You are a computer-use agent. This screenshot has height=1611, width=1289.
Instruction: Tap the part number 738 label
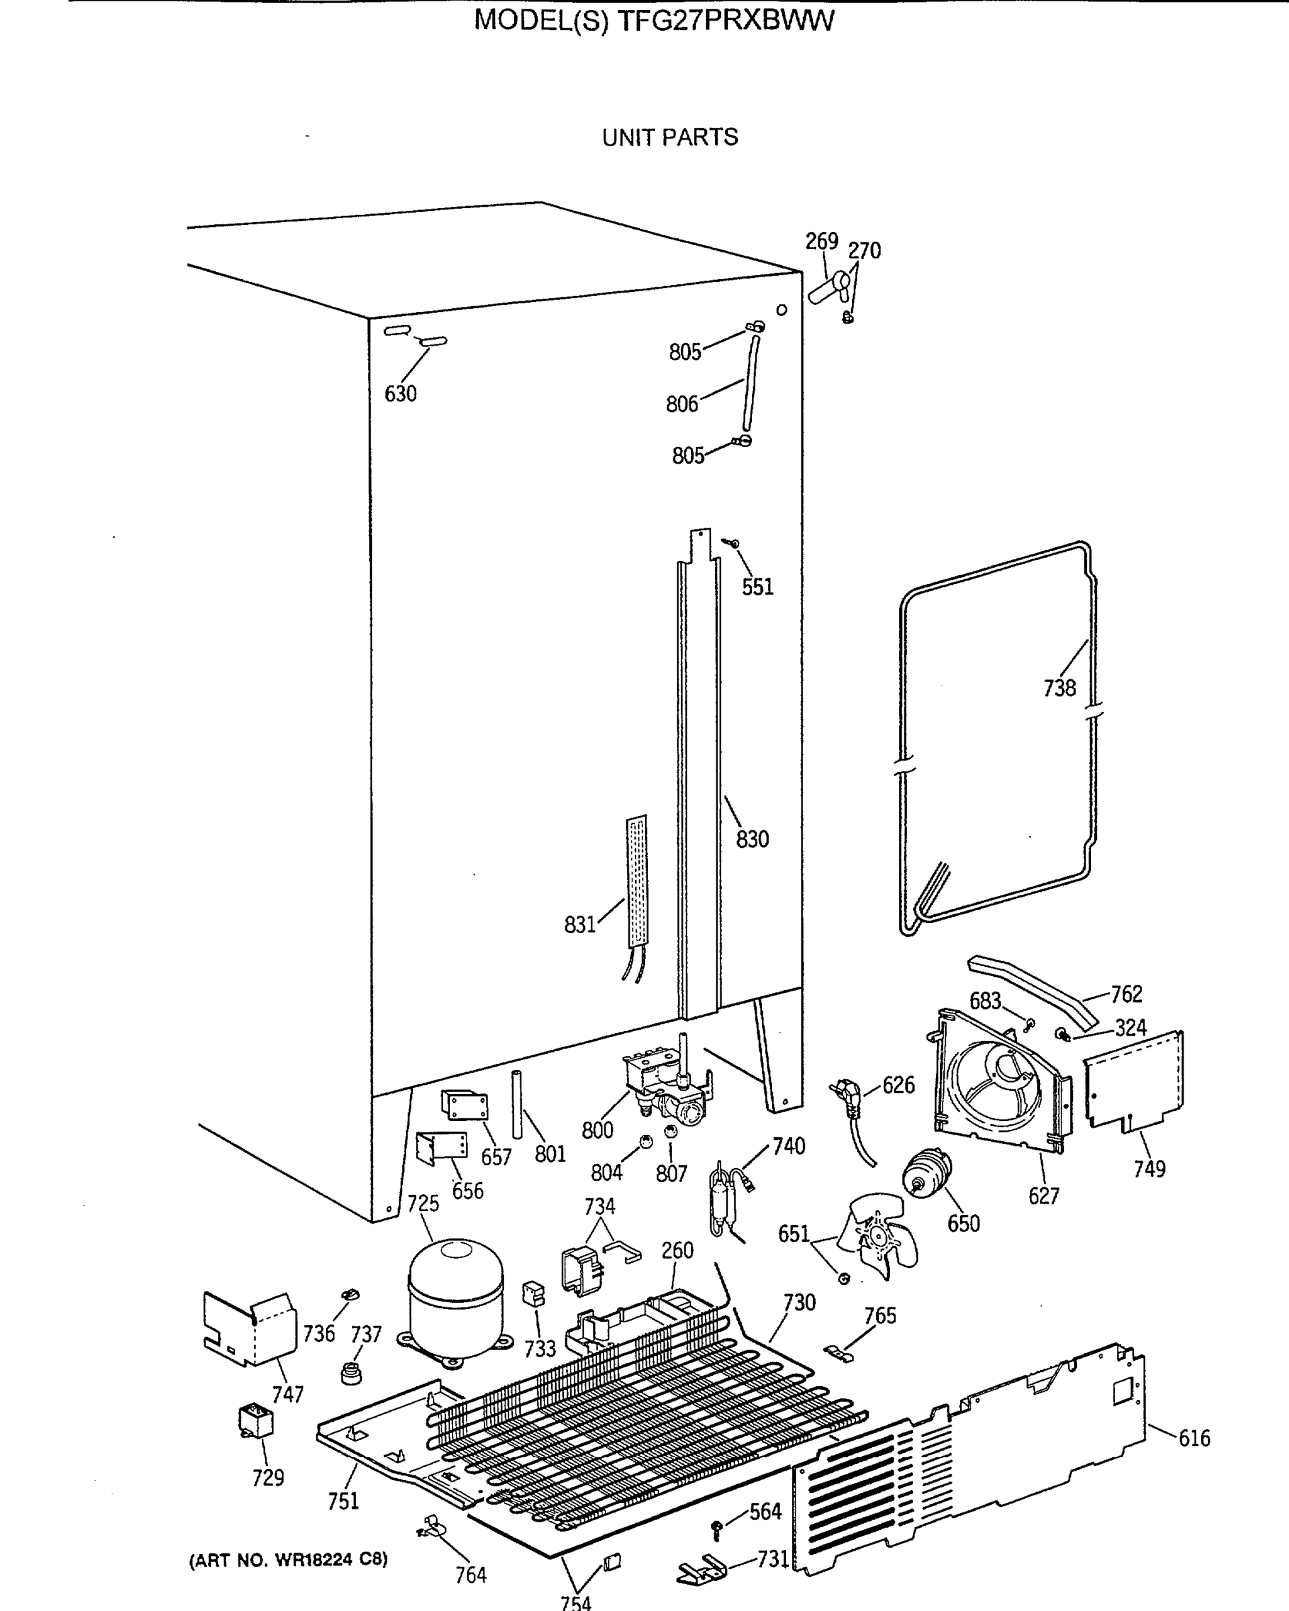(x=1059, y=688)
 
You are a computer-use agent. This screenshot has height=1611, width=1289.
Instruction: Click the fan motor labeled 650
(x=927, y=1175)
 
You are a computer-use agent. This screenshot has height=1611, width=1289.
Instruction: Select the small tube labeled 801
(x=516, y=1104)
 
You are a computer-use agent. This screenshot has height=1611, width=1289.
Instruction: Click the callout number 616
(x=1194, y=1438)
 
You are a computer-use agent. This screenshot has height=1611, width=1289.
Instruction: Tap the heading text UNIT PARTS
(x=669, y=138)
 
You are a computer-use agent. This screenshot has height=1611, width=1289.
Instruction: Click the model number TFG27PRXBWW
(x=723, y=21)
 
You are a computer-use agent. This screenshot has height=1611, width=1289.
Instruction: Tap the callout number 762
(x=1126, y=994)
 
